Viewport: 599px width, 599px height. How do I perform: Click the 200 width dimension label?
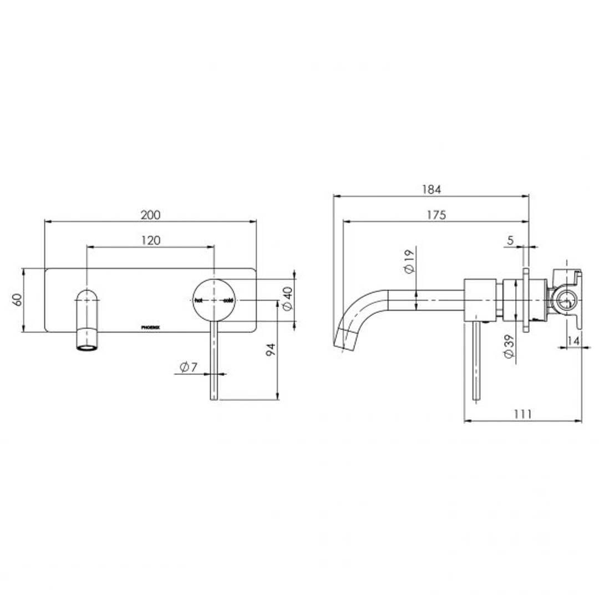150,214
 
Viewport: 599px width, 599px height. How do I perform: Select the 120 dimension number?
150,240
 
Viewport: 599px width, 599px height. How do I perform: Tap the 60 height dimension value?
17,300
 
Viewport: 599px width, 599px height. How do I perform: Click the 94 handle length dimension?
271,349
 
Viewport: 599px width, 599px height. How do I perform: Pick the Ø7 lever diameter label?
189,367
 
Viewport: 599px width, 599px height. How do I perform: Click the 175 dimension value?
436,215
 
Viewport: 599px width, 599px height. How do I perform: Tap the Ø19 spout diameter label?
409,261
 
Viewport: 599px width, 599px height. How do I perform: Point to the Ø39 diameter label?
508,348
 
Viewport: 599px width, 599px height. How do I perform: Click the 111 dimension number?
522,414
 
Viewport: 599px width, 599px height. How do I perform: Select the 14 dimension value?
573,341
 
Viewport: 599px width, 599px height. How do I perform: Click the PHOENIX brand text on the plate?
151,327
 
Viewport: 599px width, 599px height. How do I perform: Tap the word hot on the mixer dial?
199,301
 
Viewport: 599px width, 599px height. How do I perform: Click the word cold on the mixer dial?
228,301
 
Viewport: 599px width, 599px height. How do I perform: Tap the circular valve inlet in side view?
565,301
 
